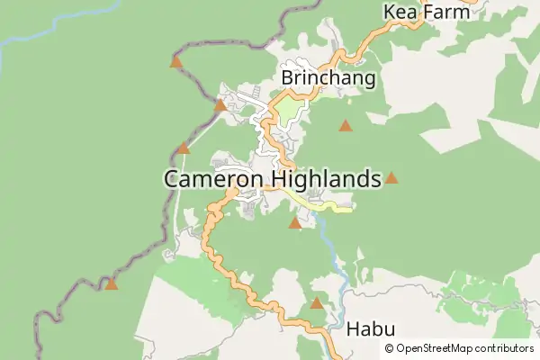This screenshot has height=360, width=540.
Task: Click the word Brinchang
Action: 328,78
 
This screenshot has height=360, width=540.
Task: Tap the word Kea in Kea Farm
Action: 400,12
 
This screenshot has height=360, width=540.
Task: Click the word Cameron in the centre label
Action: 212,179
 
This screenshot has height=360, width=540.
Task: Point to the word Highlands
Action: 326,179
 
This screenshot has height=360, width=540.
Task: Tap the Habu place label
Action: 370,330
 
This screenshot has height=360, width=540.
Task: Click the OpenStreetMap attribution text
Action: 464,348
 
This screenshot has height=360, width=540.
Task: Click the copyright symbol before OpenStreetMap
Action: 389,348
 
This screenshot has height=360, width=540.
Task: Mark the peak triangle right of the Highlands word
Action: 391,178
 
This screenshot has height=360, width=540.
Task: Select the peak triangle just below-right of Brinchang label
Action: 346,126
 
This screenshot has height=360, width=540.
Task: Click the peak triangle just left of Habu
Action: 317,303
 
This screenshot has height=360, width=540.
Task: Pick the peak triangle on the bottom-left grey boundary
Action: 111,284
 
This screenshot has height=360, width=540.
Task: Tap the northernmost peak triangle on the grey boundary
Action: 176,62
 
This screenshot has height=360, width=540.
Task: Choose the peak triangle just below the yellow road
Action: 294,222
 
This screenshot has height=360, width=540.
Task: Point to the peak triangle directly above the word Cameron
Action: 184,148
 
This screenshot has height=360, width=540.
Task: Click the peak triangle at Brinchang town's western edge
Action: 220,105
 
